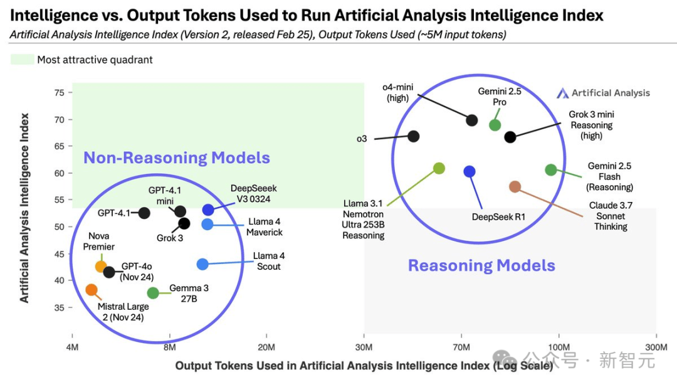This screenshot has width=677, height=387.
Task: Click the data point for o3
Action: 413,137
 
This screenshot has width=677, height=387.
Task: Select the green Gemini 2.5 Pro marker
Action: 495,125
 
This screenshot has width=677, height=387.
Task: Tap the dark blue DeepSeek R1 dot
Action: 470,171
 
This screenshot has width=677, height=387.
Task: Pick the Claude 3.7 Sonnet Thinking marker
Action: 515,186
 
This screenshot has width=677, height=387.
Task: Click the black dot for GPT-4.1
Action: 144,213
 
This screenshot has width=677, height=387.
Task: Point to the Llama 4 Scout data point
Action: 202,264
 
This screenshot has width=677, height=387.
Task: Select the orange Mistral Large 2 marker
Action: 91,290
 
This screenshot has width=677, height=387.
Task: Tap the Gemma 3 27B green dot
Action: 153,294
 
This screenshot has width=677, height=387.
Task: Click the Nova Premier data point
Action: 101,267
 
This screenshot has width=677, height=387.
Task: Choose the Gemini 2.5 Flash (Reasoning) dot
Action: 551,170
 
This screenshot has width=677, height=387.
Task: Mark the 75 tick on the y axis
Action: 59,93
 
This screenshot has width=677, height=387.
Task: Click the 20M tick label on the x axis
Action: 266,347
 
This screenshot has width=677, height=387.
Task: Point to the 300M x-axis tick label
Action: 656,347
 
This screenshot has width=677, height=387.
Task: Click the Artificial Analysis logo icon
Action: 562,93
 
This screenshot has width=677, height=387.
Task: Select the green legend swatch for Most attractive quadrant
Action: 23,60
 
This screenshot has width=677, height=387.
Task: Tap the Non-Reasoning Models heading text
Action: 177,157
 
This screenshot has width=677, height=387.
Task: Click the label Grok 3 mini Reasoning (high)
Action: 592,125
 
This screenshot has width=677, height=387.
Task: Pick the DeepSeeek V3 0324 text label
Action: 254,193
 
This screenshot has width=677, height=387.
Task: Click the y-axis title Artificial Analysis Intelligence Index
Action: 24,208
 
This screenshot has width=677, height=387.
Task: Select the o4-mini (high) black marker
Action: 472,120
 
